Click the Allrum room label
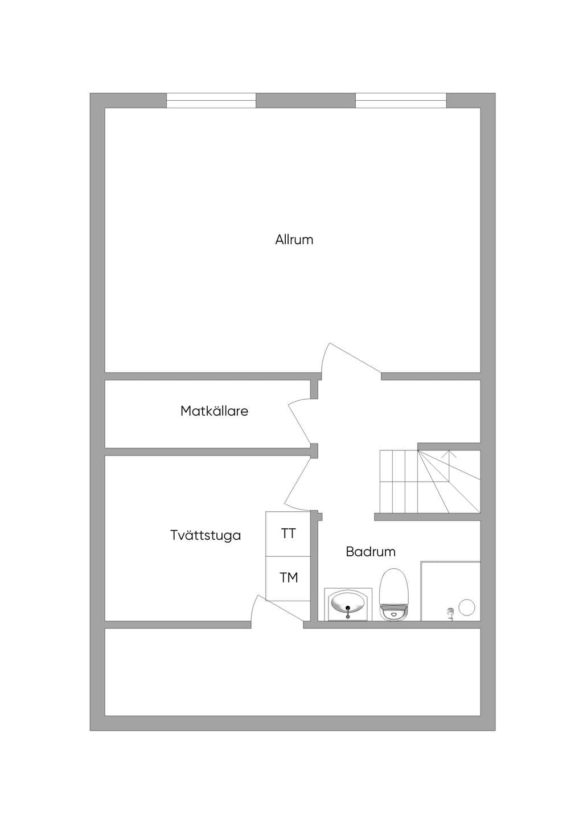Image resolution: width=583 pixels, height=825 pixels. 294,240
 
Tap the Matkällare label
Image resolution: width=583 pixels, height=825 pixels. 214,411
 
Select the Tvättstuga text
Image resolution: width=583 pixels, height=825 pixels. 206,535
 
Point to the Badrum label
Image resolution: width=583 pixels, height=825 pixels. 371,552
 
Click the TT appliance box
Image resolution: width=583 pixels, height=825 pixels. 288,533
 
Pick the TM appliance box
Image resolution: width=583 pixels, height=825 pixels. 288,578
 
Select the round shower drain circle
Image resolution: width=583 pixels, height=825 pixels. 467,607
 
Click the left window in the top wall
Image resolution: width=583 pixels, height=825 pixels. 211,101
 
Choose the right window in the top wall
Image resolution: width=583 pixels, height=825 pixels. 401,101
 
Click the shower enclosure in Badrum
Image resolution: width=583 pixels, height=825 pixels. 450,591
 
